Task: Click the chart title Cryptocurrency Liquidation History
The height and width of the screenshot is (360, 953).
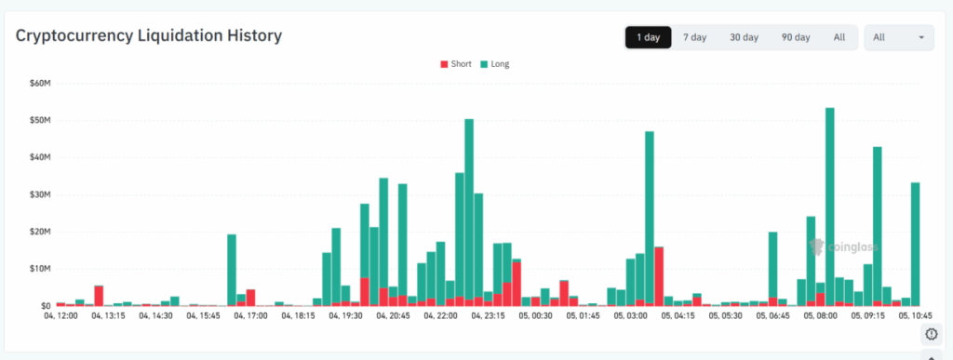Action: [x=149, y=36]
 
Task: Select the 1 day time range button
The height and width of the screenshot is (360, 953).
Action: [x=648, y=37]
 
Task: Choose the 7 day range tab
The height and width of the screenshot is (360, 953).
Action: [x=694, y=37]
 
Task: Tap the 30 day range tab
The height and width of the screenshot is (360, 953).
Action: [x=744, y=37]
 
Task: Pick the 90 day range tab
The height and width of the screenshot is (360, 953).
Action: [x=795, y=37]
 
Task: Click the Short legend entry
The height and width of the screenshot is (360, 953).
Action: [x=455, y=64]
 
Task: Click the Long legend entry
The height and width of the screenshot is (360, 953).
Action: [x=494, y=64]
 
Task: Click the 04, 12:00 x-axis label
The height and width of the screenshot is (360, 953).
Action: [x=61, y=316]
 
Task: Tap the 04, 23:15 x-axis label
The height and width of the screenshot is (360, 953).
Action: [x=489, y=316]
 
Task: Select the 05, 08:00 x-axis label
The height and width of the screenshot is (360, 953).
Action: [x=820, y=316]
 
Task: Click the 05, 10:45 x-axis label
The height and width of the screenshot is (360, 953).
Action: [x=915, y=316]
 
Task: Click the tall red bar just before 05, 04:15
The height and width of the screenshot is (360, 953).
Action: [x=659, y=275]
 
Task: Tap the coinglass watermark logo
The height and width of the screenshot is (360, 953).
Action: [x=843, y=247]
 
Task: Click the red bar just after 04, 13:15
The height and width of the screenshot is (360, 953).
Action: [x=99, y=295]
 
